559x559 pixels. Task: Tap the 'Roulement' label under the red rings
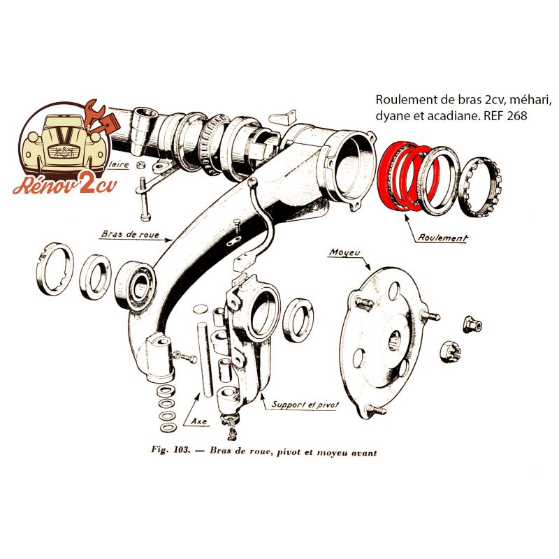click(442, 238)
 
